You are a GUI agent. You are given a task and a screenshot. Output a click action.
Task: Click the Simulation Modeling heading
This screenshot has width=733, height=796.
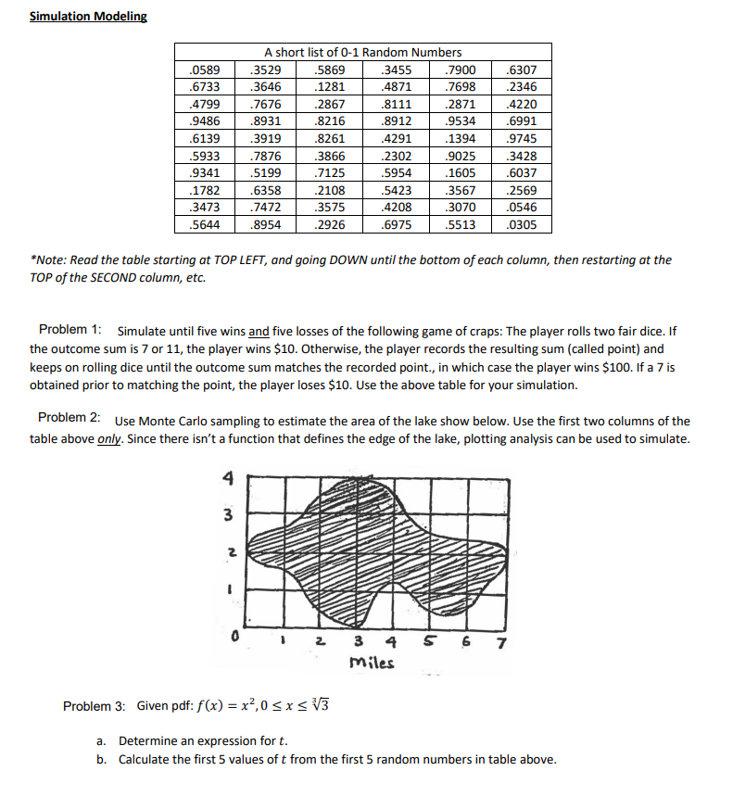[x=88, y=17]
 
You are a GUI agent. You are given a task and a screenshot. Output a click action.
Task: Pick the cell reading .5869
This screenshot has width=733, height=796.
[x=331, y=69]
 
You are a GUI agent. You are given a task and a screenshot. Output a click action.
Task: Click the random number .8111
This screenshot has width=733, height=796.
[x=397, y=104]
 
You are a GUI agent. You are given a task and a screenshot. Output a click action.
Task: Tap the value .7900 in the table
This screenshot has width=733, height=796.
[x=461, y=69]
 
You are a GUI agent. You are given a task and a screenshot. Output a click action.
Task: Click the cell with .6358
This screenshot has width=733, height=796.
[x=268, y=190]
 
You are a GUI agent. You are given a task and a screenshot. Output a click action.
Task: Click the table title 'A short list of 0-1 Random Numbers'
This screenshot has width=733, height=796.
[x=362, y=52]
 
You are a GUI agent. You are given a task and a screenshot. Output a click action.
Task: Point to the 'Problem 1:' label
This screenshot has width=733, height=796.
[x=72, y=331]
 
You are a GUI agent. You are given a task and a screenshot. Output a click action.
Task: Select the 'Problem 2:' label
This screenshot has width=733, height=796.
[x=72, y=421]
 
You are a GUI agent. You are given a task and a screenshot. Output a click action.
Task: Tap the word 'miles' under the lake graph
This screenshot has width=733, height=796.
[x=372, y=663]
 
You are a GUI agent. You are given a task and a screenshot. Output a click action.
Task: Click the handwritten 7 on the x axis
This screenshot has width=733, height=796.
[x=501, y=645]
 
